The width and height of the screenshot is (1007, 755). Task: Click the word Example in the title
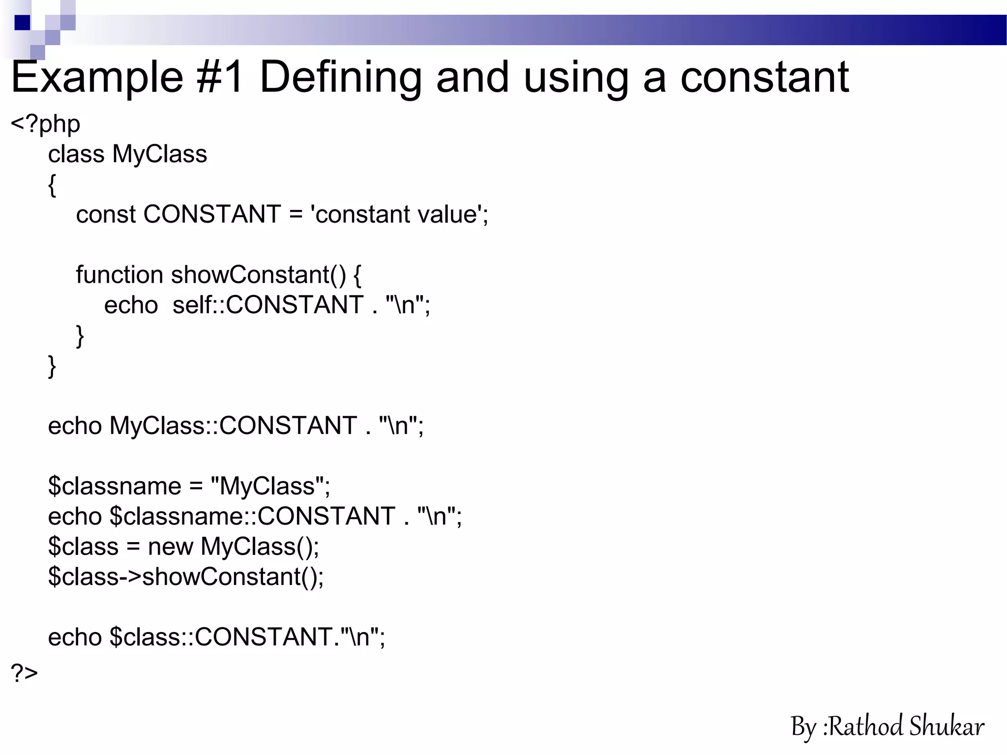pyautogui.click(x=97, y=78)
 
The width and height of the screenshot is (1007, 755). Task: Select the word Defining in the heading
pyautogui.click(x=340, y=78)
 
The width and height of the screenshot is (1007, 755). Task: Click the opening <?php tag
pyautogui.click(x=45, y=124)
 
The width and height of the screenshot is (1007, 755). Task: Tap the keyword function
pyautogui.click(x=119, y=274)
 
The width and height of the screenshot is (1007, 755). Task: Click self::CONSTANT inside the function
pyautogui.click(x=268, y=305)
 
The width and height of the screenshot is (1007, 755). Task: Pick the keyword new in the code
pyautogui.click(x=170, y=547)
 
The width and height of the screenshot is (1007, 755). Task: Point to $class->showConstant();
pyautogui.click(x=186, y=577)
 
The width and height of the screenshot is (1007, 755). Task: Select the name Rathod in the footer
pyautogui.click(x=866, y=726)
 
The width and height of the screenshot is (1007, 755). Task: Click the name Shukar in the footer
pyautogui.click(x=947, y=726)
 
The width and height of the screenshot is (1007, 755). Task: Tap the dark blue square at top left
pyautogui.click(x=23, y=23)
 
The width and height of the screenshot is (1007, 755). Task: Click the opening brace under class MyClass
pyautogui.click(x=52, y=185)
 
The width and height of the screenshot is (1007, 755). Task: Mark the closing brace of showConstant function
pyautogui.click(x=80, y=336)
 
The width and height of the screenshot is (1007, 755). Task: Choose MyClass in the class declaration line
pyautogui.click(x=160, y=154)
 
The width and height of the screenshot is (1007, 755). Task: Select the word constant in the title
pyautogui.click(x=765, y=78)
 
